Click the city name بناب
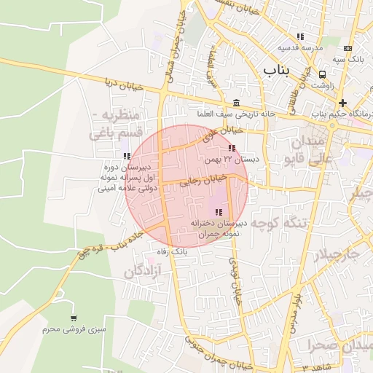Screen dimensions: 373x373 point(275,71)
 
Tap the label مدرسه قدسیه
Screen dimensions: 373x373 point(299,49)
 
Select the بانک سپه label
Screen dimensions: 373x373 point(349,58)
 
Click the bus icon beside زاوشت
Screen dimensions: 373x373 point(322,74)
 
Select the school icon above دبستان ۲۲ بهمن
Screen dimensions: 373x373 point(232,149)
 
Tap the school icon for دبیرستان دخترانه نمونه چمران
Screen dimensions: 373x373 point(219,212)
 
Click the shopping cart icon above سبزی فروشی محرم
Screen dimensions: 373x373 point(74,318)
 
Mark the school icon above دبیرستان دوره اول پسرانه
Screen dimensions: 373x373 point(127,156)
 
